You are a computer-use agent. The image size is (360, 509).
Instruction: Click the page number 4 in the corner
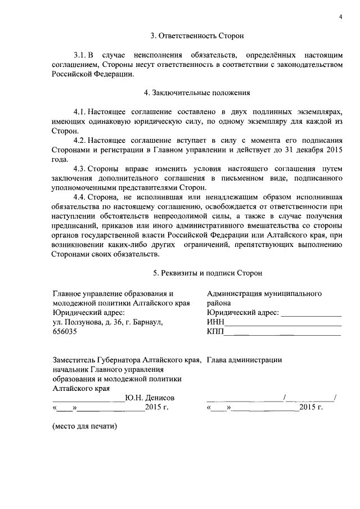click(x=340, y=16)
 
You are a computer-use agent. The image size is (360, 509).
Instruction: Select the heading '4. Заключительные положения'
click(x=197, y=92)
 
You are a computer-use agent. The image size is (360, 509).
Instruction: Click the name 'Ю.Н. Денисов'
click(x=146, y=398)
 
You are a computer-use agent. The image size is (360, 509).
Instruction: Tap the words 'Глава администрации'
click(x=244, y=359)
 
